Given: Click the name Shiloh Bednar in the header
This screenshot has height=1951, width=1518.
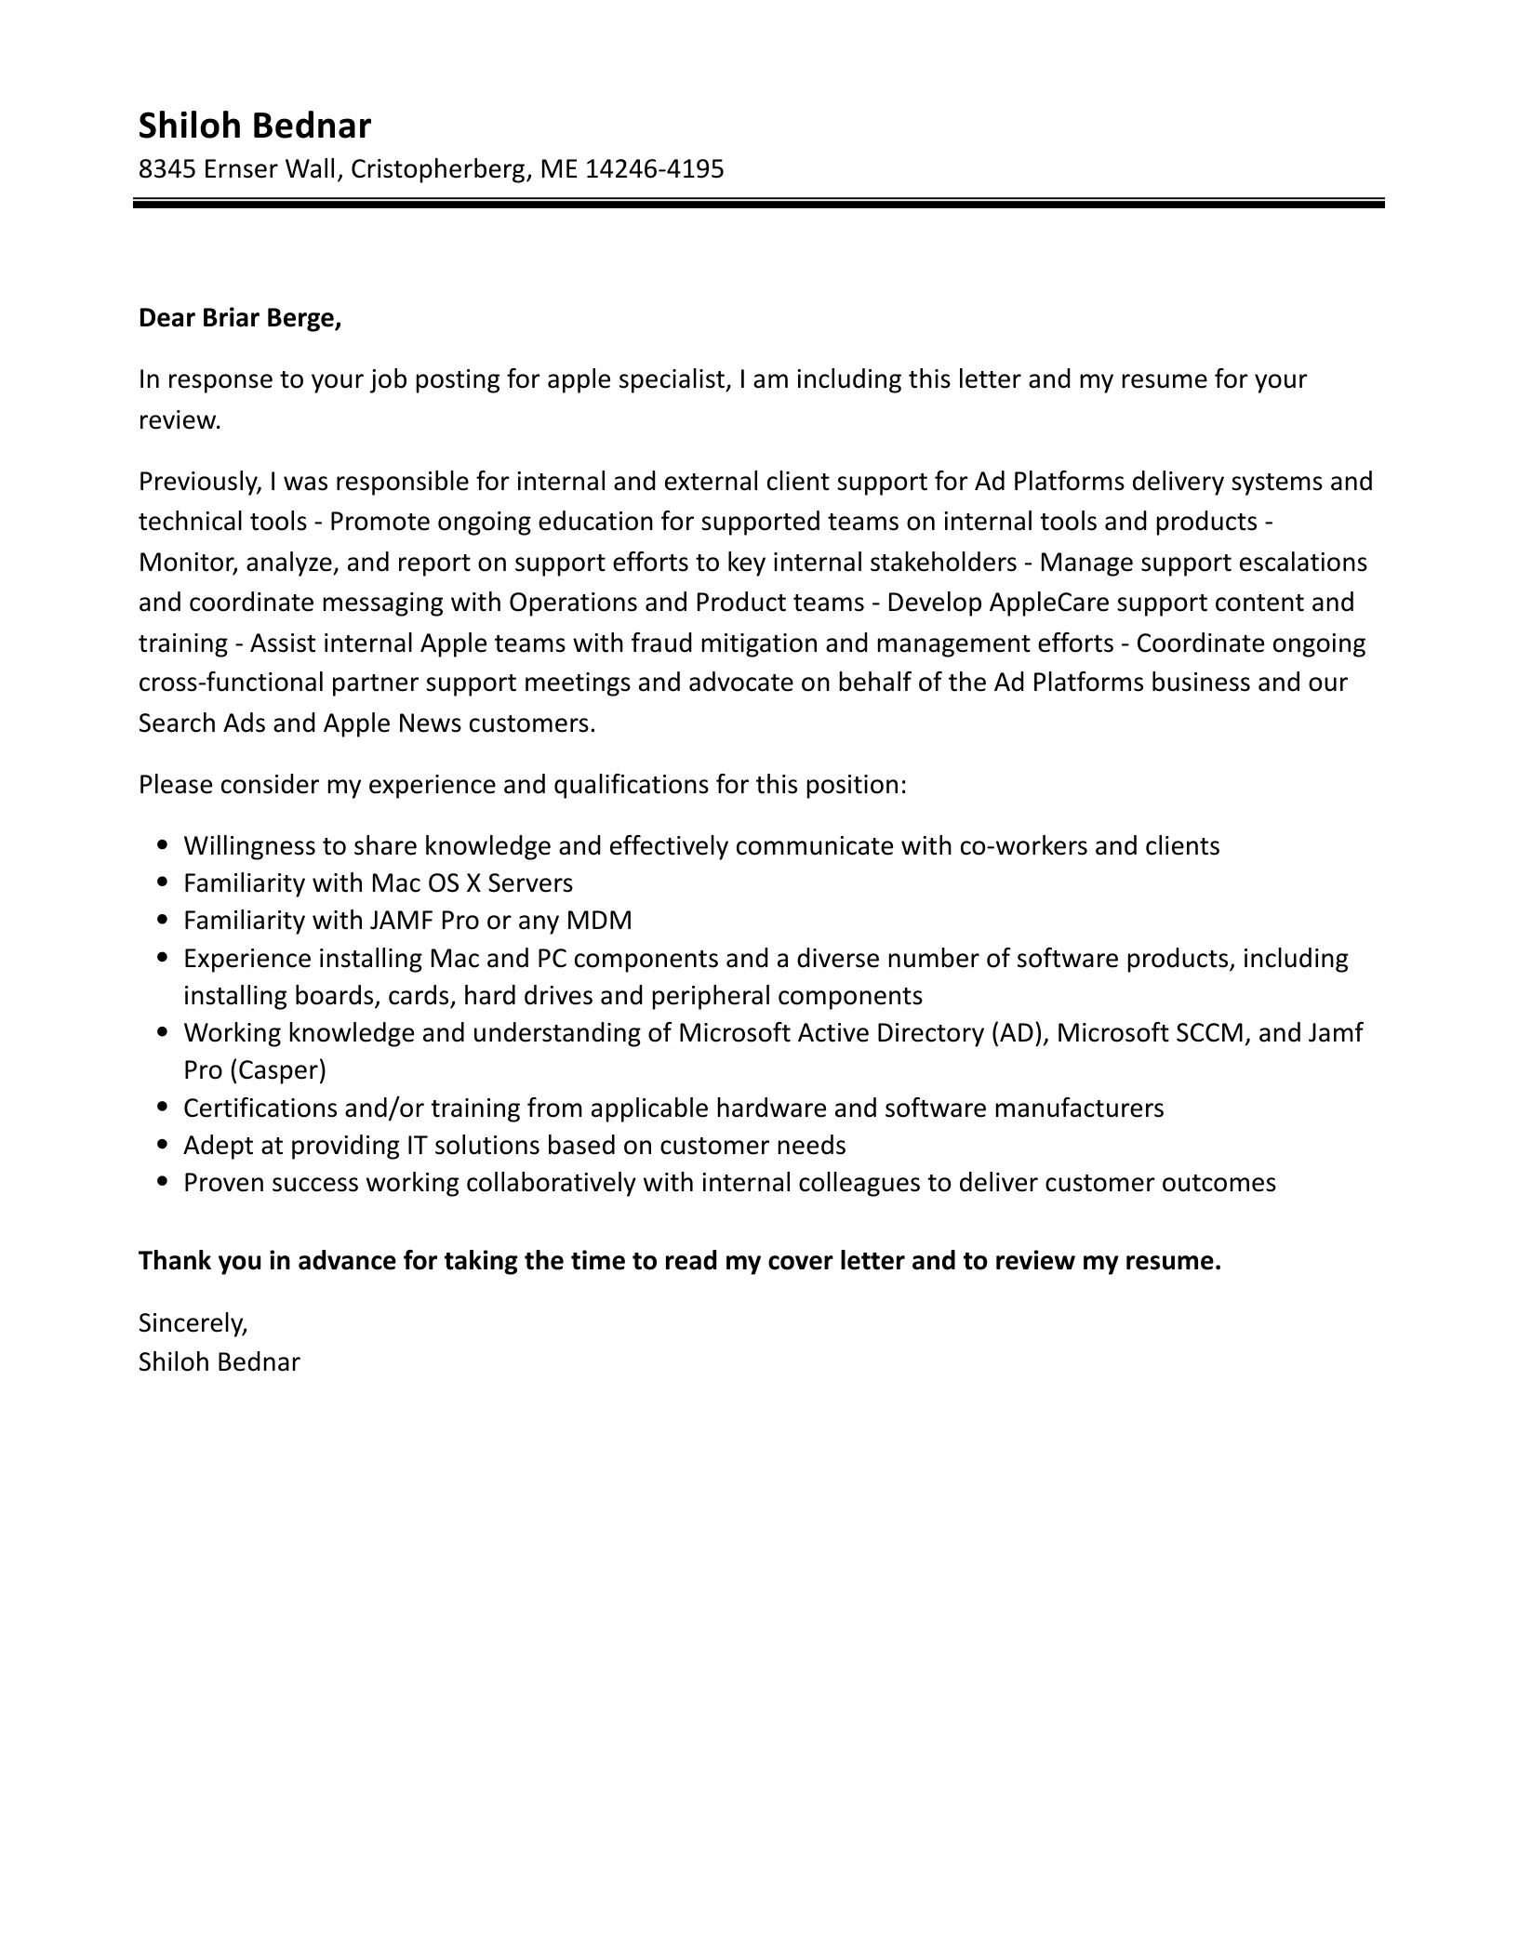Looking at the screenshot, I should [254, 126].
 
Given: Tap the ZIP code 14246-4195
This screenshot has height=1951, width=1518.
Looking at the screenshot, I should [654, 169].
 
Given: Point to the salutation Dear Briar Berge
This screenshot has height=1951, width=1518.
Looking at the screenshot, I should [240, 318].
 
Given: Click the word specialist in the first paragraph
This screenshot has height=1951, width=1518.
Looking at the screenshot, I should [670, 379].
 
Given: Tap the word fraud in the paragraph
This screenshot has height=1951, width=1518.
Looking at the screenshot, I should [661, 643].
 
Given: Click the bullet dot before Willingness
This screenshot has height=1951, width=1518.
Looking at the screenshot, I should [164, 846].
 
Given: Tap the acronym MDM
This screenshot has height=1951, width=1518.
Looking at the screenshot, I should [599, 921].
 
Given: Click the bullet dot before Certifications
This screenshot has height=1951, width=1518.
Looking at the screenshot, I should [164, 1108].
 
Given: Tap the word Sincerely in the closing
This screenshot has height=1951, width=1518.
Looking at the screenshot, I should [193, 1321].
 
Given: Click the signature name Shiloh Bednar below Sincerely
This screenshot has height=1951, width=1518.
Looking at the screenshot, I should [220, 1362].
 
